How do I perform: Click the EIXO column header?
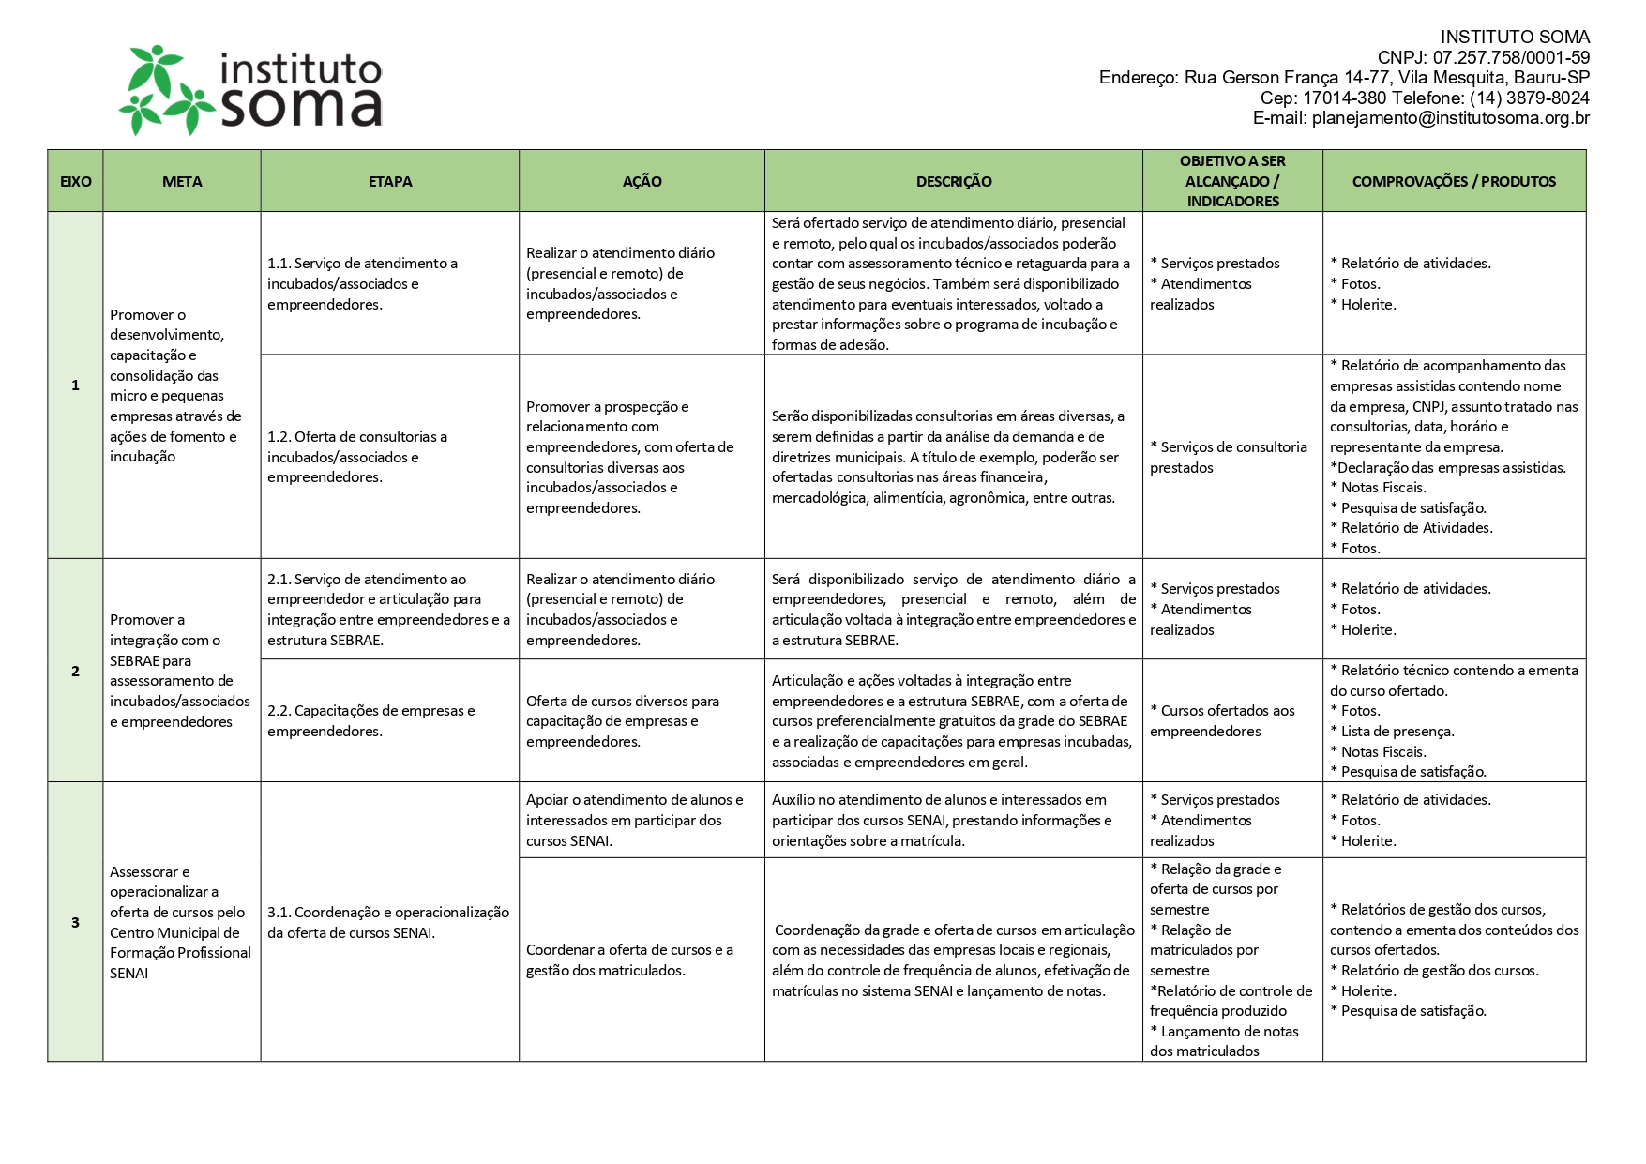tap(75, 181)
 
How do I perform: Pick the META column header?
tap(182, 181)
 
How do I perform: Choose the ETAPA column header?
tap(390, 181)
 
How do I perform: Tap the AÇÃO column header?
tap(642, 181)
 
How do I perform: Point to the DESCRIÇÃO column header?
tap(954, 181)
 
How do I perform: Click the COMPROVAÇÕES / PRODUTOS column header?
tap(1454, 181)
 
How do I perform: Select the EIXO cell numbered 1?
tap(75, 385)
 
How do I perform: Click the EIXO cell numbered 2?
tap(75, 671)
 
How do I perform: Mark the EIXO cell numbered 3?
tap(75, 922)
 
